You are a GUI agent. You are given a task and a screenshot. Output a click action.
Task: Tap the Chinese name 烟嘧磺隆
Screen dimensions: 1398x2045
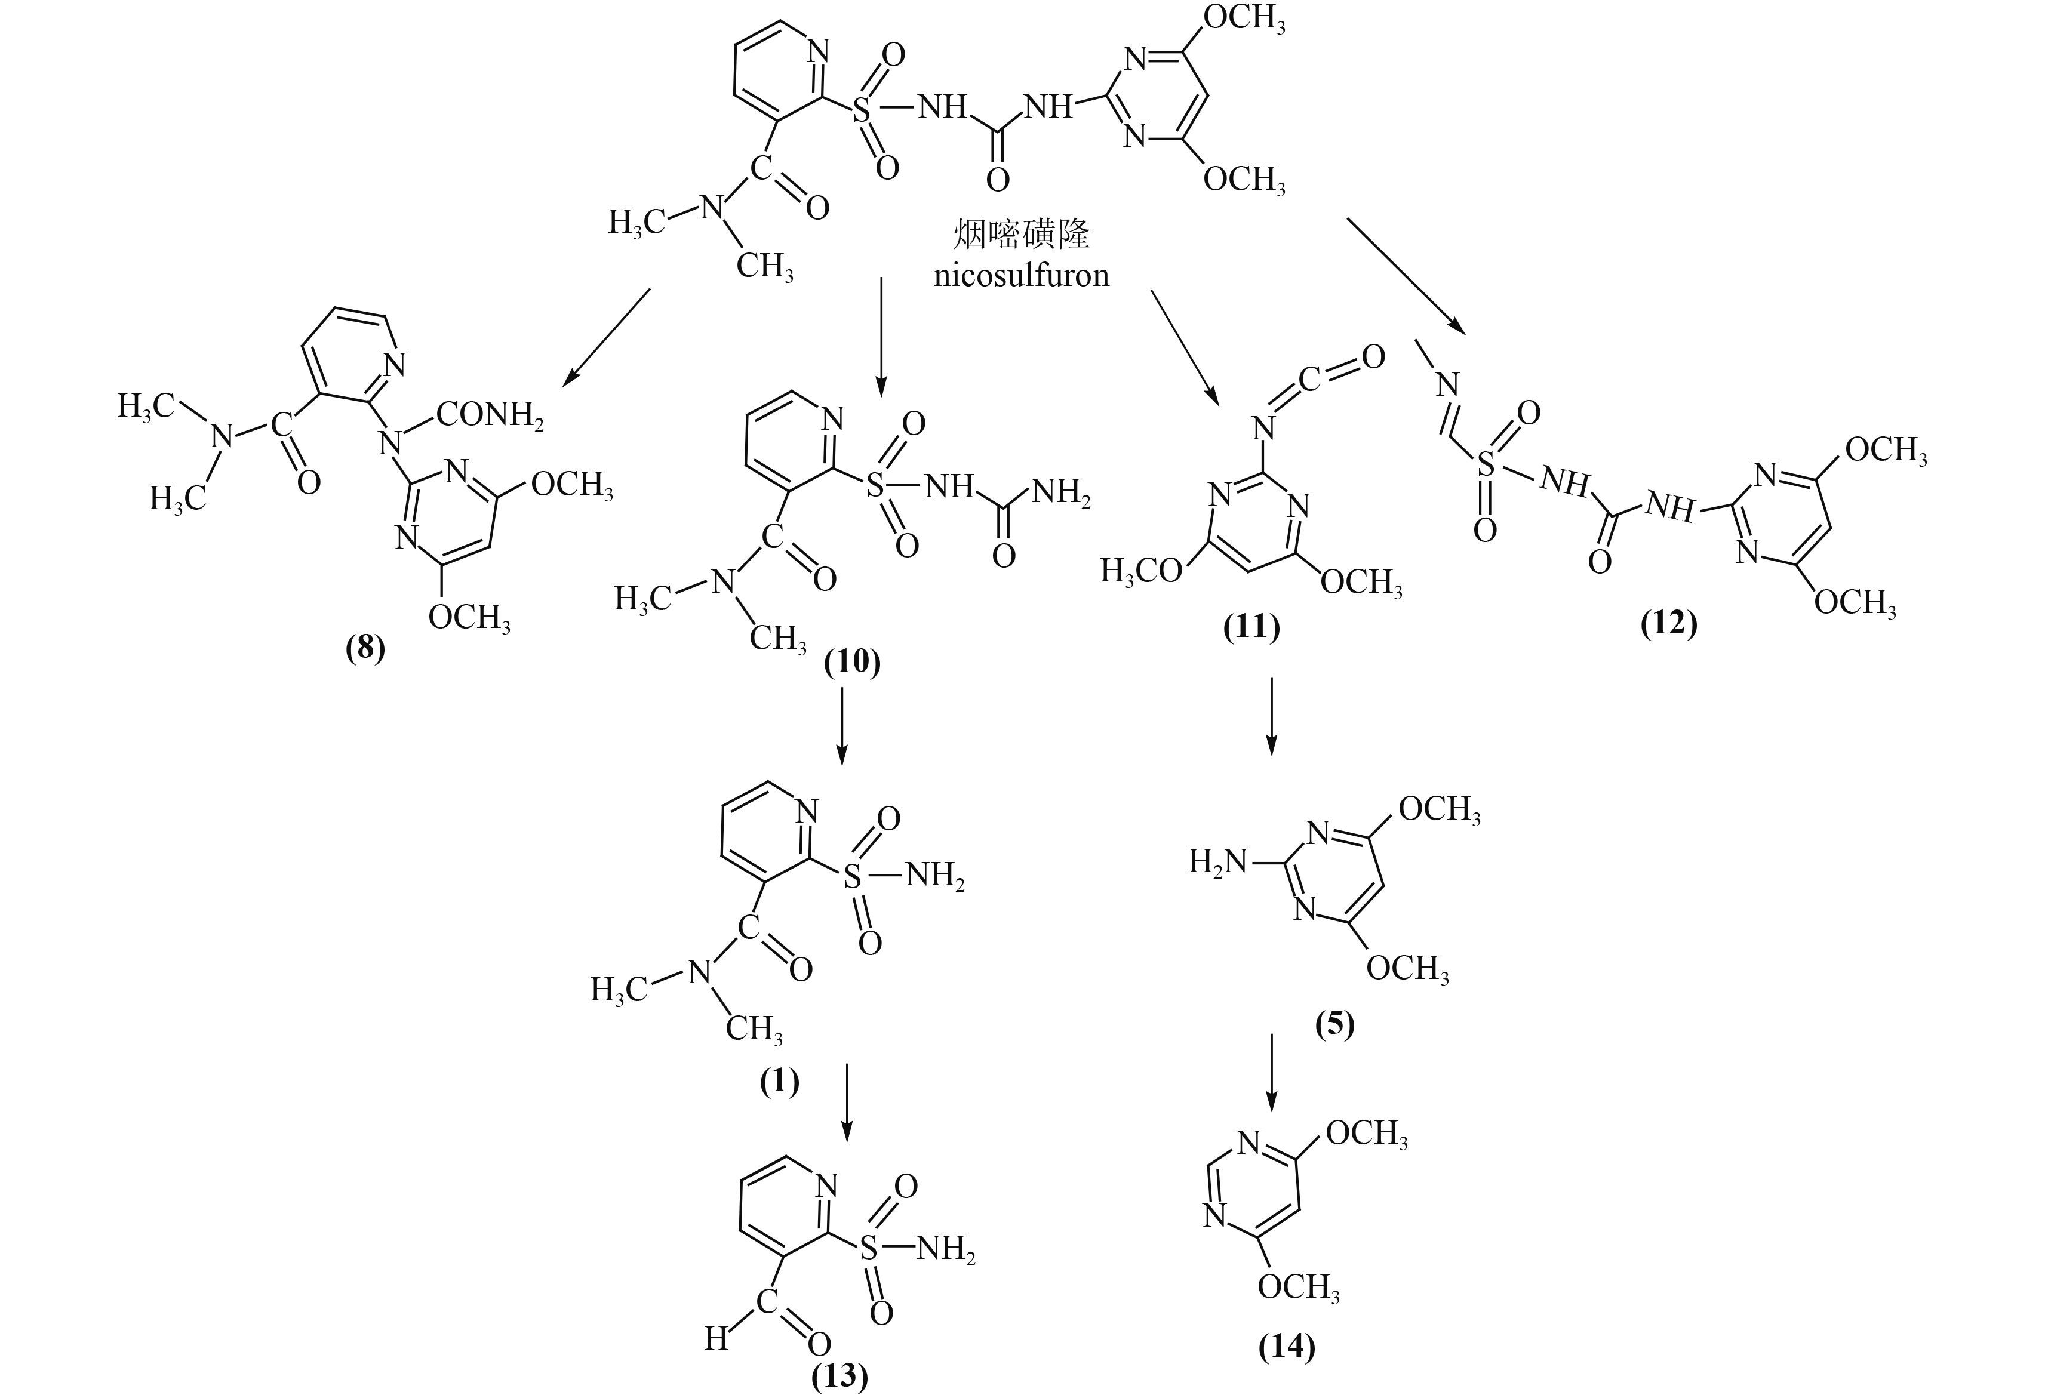point(1022,234)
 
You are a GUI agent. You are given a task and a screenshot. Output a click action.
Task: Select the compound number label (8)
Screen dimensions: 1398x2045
point(365,648)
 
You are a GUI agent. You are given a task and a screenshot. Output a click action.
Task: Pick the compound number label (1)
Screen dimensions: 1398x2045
point(780,1081)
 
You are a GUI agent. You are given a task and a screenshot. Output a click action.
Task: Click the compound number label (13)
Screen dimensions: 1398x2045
point(839,1375)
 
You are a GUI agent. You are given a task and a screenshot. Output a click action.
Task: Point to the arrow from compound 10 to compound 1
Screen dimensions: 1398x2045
point(842,726)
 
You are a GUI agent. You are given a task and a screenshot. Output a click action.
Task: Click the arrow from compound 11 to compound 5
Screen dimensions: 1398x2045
point(1271,716)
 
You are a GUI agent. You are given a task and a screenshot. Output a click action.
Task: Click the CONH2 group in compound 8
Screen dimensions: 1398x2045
point(490,414)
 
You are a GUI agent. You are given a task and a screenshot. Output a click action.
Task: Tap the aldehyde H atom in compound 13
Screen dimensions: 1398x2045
point(716,1339)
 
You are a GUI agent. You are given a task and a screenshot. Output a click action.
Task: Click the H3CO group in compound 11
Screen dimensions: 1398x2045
point(1141,572)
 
